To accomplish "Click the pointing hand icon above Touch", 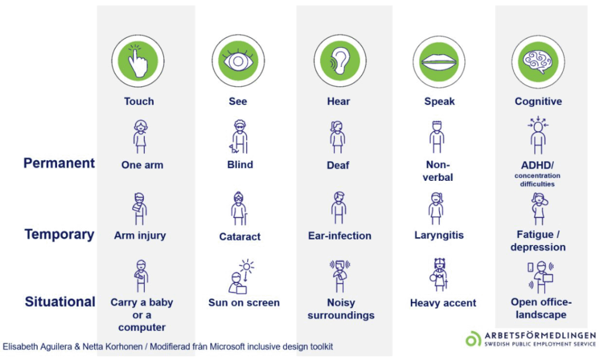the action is click(x=138, y=61).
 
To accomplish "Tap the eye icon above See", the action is click(x=238, y=60).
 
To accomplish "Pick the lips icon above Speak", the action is click(x=439, y=62).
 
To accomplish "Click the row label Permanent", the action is click(x=59, y=163).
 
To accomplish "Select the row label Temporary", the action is click(x=59, y=234).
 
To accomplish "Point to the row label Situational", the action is click(x=60, y=302).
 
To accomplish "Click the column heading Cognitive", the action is click(x=538, y=101).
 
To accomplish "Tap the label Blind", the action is click(x=240, y=164).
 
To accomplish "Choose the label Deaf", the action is click(x=337, y=165).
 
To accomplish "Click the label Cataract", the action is click(x=239, y=237).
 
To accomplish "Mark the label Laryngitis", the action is click(x=439, y=235).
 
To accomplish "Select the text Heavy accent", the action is click(x=443, y=303).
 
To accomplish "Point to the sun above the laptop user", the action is click(x=247, y=265).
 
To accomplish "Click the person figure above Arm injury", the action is click(x=139, y=208).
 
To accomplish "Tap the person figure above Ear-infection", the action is click(x=339, y=208).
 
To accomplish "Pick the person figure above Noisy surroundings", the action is click(x=340, y=276).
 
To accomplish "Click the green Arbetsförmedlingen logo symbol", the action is click(x=473, y=338).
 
